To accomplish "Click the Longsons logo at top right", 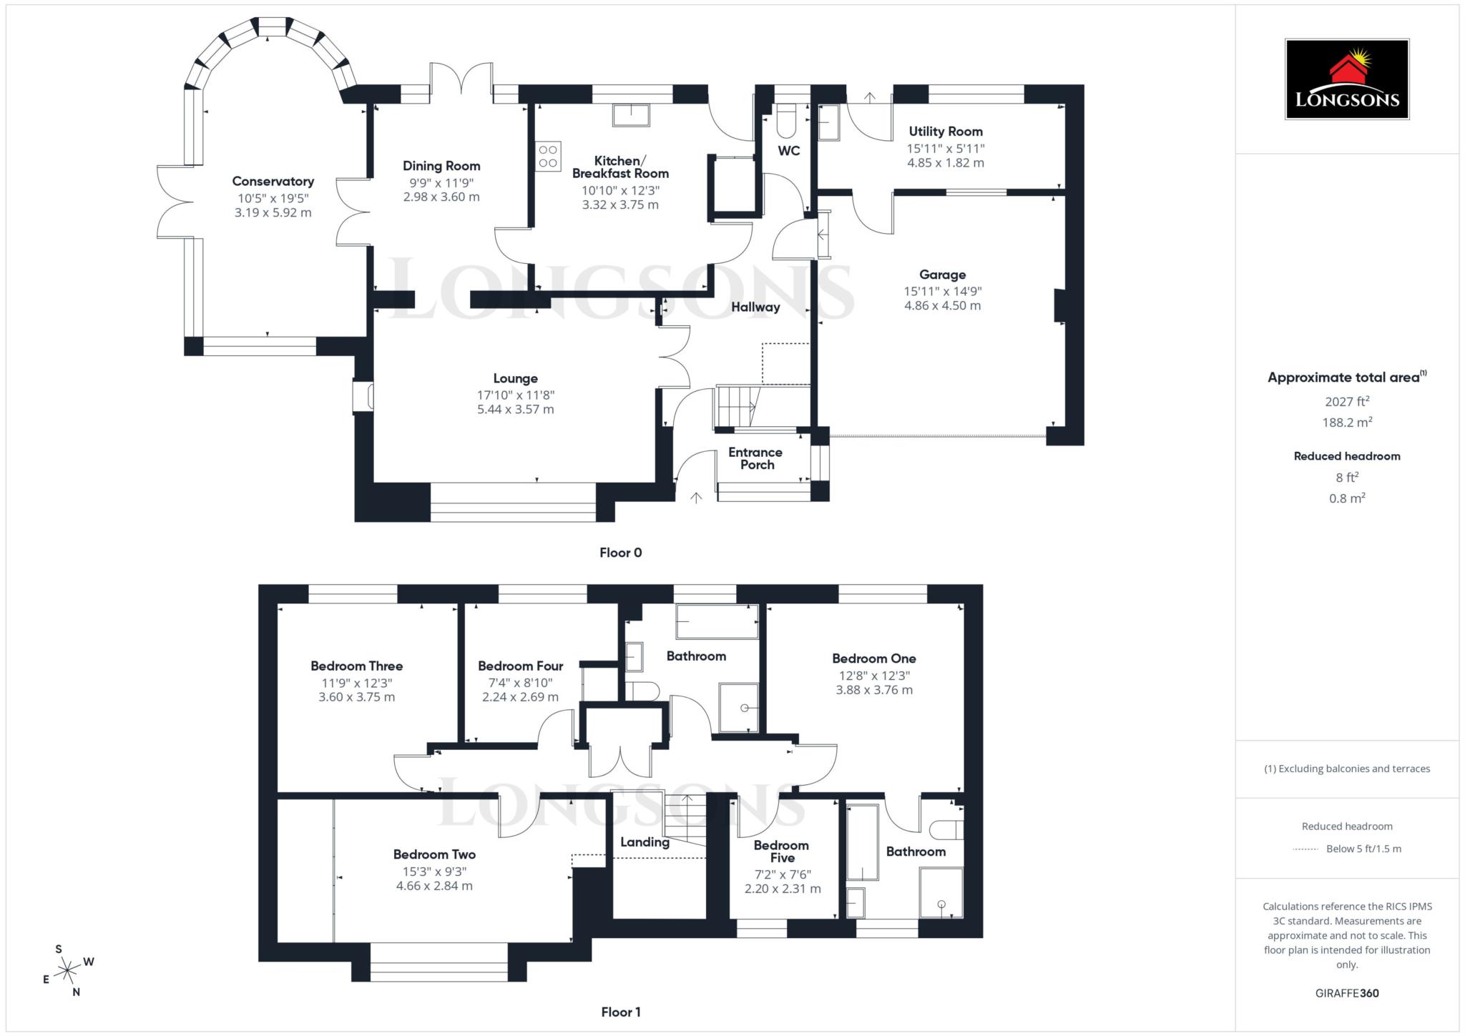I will tap(1346, 79).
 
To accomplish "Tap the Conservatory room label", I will tap(273, 182).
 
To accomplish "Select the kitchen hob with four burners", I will tap(549, 157).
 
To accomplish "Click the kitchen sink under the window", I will tap(631, 115).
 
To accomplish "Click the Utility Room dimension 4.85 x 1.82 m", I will tap(945, 163).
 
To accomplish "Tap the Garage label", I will tap(942, 275).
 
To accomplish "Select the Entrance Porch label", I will tap(755, 458).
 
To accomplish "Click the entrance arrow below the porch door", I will tap(696, 497).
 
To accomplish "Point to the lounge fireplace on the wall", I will tap(363, 397).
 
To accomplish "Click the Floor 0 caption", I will tap(620, 553).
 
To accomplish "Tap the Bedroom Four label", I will tap(520, 666).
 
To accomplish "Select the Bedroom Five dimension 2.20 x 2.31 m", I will tap(782, 889).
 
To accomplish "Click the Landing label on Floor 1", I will tap(644, 842).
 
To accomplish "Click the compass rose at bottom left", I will tap(68, 970).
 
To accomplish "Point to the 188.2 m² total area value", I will tap(1346, 423).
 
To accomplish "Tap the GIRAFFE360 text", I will tap(1346, 993).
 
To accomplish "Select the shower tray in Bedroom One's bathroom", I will tap(941, 893).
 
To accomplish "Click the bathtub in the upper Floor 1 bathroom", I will tap(717, 622).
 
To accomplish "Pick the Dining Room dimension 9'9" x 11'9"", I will tap(441, 183).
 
